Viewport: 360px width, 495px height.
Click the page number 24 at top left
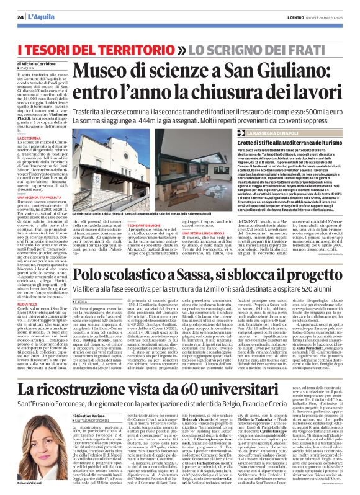tap(20, 16)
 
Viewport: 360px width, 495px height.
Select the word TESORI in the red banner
tap(51, 48)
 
